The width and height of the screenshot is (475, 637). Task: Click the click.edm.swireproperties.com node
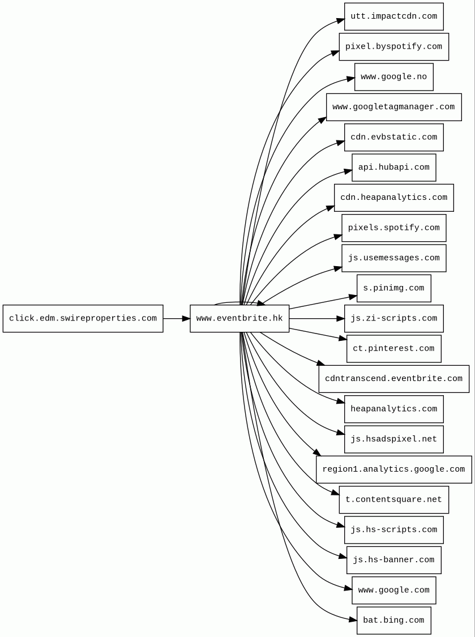[83, 319]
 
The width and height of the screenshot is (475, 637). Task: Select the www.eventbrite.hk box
[239, 319]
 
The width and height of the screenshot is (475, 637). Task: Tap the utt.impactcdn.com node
[393, 16]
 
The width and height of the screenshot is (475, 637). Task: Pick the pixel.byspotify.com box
[393, 47]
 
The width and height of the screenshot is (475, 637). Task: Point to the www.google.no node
[393, 77]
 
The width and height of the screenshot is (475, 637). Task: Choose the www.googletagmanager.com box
[393, 107]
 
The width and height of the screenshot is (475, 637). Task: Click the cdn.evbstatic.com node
[393, 138]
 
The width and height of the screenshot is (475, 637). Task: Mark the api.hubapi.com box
[393, 168]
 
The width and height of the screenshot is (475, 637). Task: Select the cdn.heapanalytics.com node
[393, 198]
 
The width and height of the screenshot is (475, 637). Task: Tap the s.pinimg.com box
[393, 288]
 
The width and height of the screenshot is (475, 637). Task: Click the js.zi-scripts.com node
[393, 319]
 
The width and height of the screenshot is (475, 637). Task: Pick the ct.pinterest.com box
[393, 349]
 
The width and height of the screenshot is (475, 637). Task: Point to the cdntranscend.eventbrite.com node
[393, 379]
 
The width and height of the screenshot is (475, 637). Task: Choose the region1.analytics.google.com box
[393, 469]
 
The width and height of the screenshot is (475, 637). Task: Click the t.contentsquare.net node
[393, 500]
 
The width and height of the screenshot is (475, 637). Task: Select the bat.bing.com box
[393, 621]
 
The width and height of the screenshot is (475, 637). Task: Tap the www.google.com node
[393, 591]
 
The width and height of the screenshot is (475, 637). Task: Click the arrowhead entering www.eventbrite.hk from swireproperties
[186, 319]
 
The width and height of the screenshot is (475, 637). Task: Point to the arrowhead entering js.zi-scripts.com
[340, 319]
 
